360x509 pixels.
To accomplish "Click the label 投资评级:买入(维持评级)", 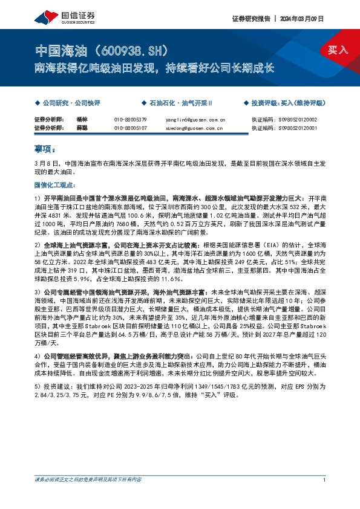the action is (x=287, y=104).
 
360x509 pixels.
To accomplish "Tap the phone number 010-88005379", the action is (x=130, y=120).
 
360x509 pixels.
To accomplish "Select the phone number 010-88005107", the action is (x=130, y=128).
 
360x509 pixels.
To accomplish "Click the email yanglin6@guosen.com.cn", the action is (x=195, y=120).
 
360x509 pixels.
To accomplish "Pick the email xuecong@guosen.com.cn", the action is (x=195, y=128).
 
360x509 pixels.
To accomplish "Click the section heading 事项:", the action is (x=45, y=148).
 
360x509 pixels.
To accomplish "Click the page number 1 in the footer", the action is (x=325, y=496).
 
